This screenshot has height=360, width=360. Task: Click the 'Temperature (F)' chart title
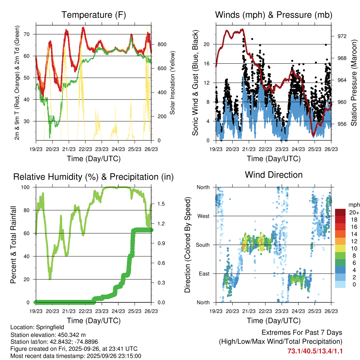(94, 15)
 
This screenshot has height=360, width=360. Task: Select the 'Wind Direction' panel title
(274, 175)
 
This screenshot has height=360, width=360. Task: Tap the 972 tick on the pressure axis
(342, 36)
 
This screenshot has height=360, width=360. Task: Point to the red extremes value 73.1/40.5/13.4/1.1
(315, 351)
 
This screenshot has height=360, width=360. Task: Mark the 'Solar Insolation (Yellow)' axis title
(173, 83)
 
